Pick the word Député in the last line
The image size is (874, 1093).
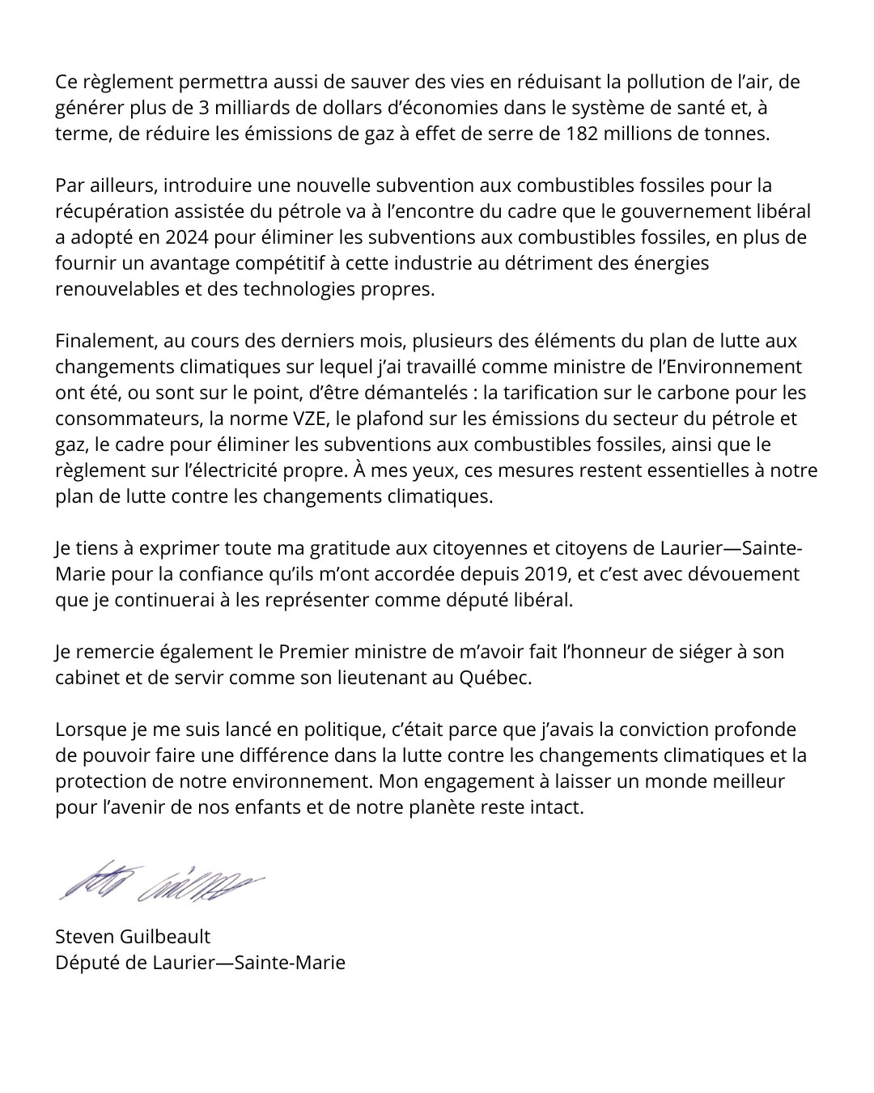(x=83, y=963)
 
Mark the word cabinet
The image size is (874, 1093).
(x=87, y=678)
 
